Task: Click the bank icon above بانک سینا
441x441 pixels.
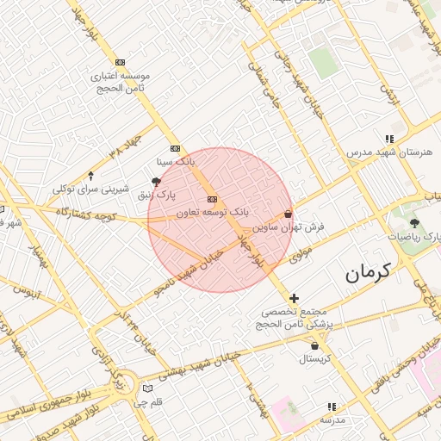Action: (x=175, y=147)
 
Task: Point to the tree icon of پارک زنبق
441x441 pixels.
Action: (x=156, y=182)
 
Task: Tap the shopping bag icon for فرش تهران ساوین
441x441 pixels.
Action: (x=288, y=214)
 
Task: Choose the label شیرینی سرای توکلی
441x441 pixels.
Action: (x=90, y=189)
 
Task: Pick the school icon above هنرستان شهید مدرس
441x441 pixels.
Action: (x=390, y=139)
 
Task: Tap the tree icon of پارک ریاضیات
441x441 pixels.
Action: (x=415, y=224)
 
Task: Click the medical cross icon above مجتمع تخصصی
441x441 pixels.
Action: (x=295, y=297)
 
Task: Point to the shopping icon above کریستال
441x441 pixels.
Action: (x=315, y=345)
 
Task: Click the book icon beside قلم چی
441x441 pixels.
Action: (x=147, y=388)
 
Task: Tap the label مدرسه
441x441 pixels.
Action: (x=332, y=419)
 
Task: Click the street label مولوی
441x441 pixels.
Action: (x=300, y=254)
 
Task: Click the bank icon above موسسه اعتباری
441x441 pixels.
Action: (x=120, y=62)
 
